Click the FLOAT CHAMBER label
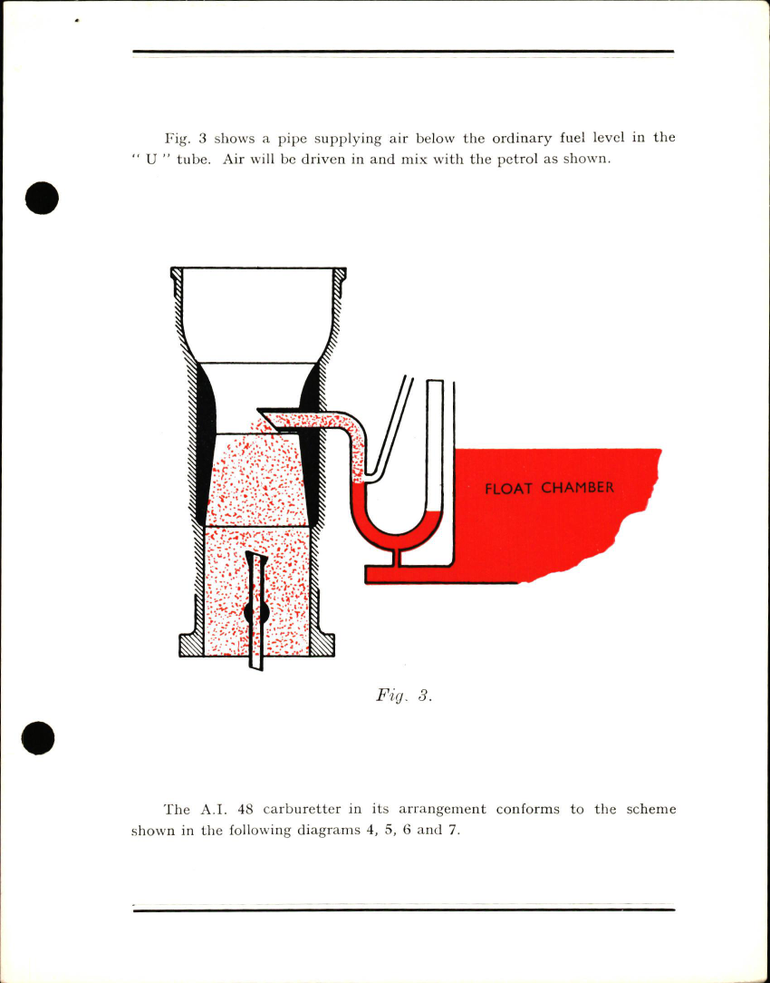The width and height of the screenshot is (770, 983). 549,488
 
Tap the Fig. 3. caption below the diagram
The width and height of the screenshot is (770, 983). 403,696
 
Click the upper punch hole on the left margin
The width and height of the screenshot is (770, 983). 42,198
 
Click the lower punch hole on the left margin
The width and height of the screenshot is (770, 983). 39,737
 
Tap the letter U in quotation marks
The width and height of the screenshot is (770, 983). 149,160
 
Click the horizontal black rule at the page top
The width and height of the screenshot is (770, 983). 403,52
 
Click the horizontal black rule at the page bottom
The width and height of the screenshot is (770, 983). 403,909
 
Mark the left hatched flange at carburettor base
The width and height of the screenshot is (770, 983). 192,643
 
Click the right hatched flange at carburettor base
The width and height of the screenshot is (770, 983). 322,643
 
